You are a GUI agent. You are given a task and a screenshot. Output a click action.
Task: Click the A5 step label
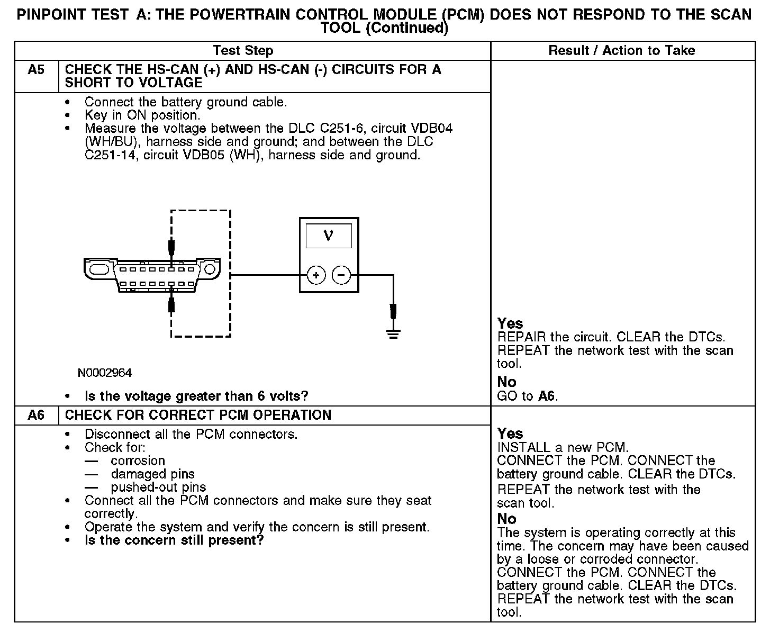[x=36, y=69]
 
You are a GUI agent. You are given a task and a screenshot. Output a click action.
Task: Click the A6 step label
[x=36, y=415]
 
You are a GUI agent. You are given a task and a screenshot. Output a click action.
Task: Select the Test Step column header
[x=243, y=51]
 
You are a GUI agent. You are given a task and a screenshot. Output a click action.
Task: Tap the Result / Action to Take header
[x=622, y=51]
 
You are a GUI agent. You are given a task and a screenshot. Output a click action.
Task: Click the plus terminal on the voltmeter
[x=316, y=275]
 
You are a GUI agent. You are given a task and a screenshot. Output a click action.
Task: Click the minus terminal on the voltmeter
[x=341, y=275]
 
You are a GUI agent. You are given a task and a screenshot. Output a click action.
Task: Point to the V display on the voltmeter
[x=328, y=236]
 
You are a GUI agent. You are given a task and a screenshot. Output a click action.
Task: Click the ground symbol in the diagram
[x=393, y=333]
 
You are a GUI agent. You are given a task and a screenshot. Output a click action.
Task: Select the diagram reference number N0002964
[x=105, y=373]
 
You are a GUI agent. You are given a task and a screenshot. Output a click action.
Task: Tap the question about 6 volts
[x=196, y=396]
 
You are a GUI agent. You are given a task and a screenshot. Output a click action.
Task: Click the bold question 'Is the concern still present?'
[x=174, y=540]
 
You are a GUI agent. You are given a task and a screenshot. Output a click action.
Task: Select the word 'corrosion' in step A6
[x=138, y=461]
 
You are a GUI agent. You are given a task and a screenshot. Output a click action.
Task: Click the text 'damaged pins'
[x=153, y=474]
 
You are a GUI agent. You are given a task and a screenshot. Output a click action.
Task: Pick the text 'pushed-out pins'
[x=158, y=487]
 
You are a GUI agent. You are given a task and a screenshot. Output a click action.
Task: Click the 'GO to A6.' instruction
[x=528, y=396]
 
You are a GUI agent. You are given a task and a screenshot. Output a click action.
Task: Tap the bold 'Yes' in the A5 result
[x=510, y=323]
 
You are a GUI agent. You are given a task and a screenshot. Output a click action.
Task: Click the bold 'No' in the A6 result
[x=506, y=519]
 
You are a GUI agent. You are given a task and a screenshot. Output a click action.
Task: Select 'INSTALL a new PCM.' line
[x=563, y=447]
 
